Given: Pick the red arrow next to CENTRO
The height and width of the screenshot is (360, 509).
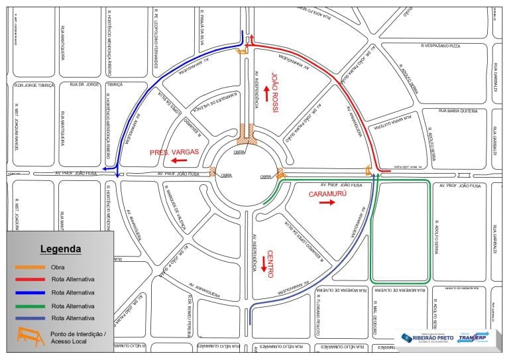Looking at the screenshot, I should (x=263, y=264).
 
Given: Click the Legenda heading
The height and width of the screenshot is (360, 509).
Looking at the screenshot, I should (x=60, y=249).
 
